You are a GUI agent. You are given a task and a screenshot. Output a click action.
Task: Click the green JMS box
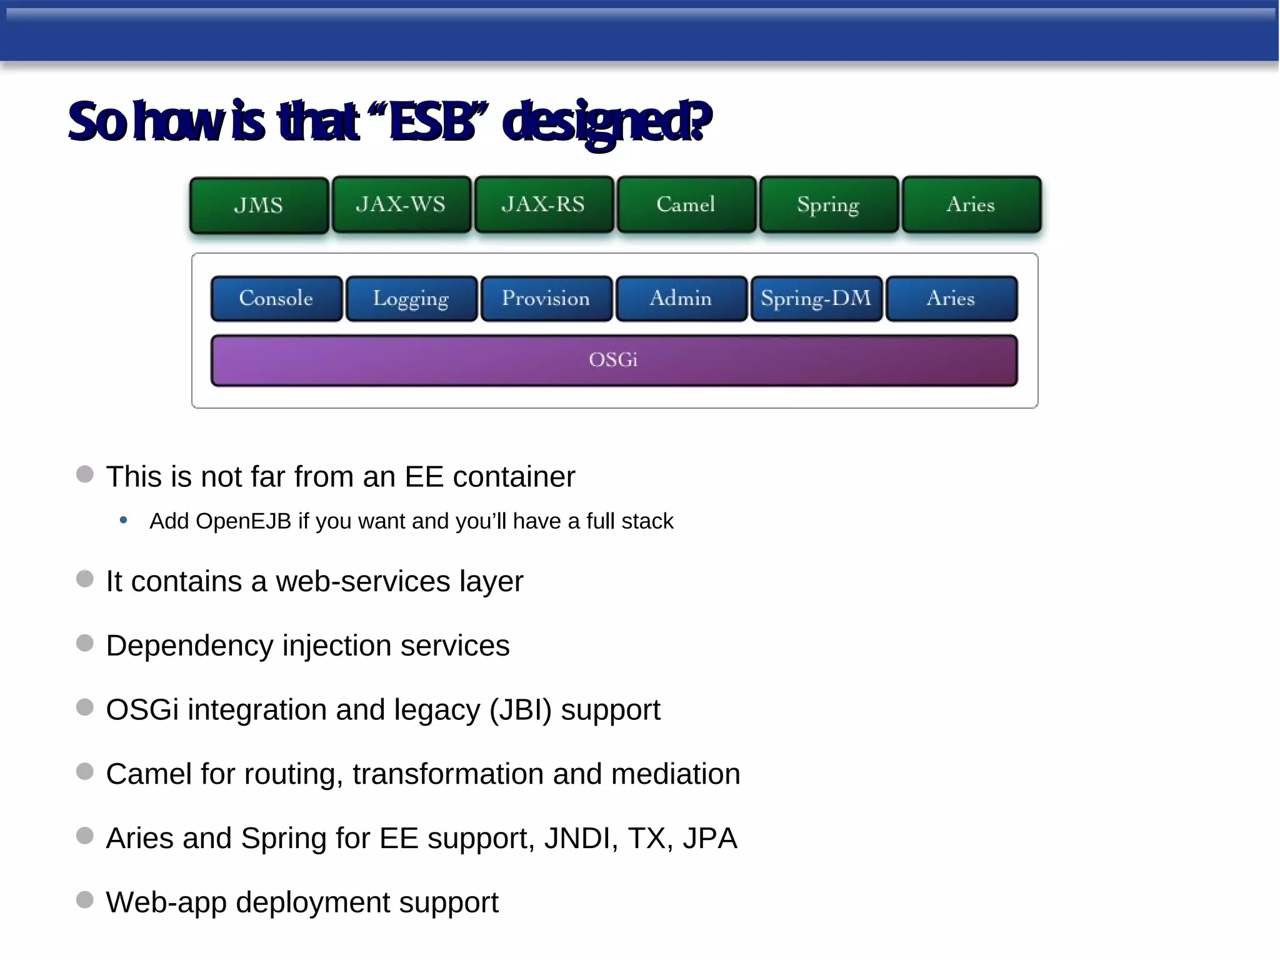pos(259,206)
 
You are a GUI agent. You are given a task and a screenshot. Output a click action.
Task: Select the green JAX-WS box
pos(401,204)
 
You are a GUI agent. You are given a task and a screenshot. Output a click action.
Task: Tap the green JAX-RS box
pos(544,204)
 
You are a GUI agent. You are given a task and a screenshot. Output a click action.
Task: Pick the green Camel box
pos(686,204)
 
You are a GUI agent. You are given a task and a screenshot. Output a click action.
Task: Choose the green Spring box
pos(829,204)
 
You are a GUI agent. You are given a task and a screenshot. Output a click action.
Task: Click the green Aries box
pos(971,204)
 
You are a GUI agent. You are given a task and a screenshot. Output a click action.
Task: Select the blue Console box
pos(276,299)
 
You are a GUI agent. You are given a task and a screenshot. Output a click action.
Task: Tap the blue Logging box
pos(411,299)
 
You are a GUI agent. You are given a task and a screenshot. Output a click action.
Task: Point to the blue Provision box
pos(546,299)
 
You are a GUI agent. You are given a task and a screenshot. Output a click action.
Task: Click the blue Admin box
pos(681,299)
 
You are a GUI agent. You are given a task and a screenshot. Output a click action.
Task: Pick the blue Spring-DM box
pos(816,299)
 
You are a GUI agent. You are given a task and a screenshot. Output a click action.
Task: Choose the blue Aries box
pos(951,299)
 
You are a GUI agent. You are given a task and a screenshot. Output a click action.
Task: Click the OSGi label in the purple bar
pos(613,360)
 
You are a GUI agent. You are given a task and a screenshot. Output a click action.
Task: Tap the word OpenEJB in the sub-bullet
pos(244,521)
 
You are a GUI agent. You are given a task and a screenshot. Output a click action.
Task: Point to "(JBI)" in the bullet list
pos(521,710)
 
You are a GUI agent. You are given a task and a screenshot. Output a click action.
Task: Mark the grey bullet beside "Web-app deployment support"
pos(85,900)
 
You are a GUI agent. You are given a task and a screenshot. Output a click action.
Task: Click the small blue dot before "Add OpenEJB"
pos(124,520)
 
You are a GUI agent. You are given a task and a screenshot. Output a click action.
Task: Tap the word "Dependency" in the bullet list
pos(189,646)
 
